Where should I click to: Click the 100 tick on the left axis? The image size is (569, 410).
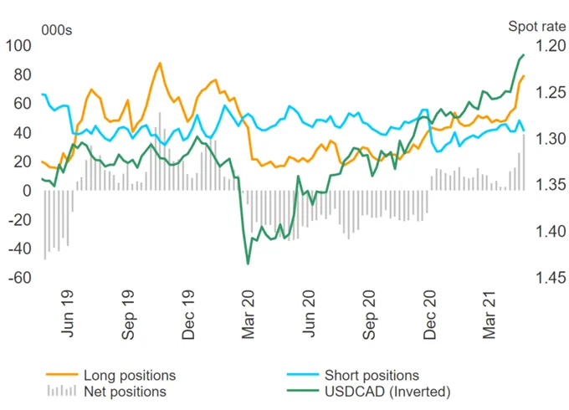18,46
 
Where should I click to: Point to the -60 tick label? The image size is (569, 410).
20,278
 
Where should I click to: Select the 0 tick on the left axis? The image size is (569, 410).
28,191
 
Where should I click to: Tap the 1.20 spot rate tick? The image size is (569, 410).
551,46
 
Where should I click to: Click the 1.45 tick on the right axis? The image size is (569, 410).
551,278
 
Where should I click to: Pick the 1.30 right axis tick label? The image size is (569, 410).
551,139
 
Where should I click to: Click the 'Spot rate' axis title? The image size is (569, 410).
536,27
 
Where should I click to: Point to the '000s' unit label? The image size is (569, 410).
57,30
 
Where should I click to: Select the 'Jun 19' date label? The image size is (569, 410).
67,314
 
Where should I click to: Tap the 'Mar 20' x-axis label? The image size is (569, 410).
249,315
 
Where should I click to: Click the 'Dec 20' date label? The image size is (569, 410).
429,315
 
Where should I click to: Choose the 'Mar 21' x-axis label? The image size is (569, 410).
489,315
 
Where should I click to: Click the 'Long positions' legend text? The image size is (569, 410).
130,376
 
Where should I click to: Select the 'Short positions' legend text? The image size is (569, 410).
372,376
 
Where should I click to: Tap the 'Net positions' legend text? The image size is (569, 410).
125,392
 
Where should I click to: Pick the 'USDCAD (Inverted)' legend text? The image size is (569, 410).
387,392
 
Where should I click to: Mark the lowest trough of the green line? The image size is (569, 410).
249,264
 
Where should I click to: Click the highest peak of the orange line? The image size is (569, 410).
160,63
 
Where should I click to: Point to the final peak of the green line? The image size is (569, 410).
523,54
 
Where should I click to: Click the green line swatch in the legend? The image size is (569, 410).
303,391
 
